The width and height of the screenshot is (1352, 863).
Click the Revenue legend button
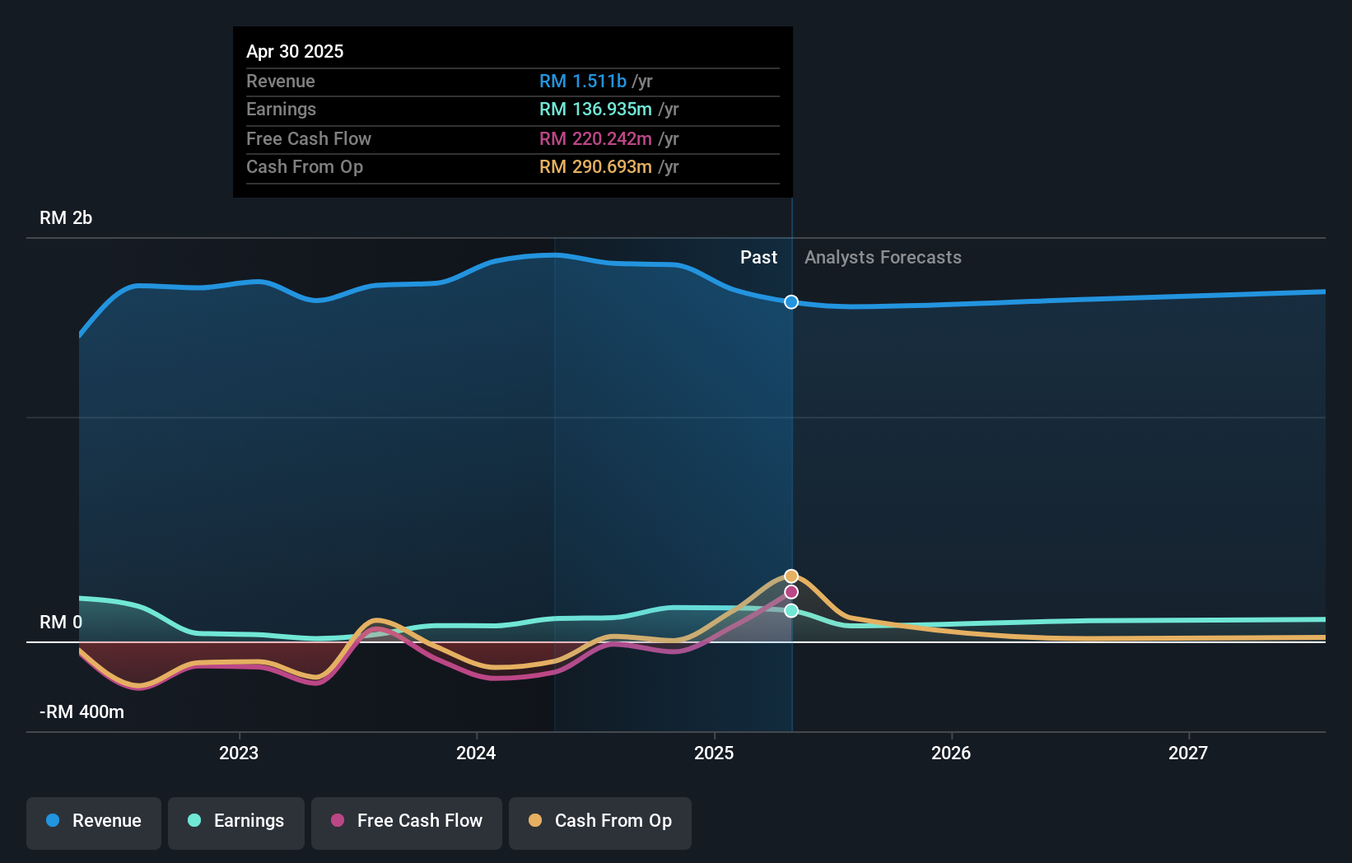[x=94, y=821]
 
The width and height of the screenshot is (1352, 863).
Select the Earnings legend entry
[x=236, y=821]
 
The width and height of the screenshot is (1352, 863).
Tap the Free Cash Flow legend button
[x=407, y=821]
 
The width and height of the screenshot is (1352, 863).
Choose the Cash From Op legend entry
[x=600, y=821]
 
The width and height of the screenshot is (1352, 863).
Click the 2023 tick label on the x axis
[x=239, y=753]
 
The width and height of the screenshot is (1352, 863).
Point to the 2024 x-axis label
[x=476, y=753]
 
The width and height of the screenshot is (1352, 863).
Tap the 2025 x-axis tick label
[x=714, y=753]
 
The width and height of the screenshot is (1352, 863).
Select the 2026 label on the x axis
[x=951, y=753]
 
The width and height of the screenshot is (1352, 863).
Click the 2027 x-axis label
[x=1188, y=753]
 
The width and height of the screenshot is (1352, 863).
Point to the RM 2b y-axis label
[x=66, y=218]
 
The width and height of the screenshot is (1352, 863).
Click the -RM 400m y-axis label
[x=82, y=712]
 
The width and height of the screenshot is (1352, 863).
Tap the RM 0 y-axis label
[x=61, y=623]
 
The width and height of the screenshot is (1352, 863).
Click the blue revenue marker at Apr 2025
[x=791, y=302]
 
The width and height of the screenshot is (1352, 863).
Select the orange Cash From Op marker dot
[x=791, y=576]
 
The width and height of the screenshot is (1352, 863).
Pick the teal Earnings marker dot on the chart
[x=791, y=610]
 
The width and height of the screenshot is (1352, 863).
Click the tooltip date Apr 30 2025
[x=295, y=52]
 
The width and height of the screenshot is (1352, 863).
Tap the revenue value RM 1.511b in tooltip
[x=583, y=82]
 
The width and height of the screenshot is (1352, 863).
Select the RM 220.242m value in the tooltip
[x=595, y=139]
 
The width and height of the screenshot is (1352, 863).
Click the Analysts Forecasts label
[x=883, y=258]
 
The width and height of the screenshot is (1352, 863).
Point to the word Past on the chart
[x=758, y=258]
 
